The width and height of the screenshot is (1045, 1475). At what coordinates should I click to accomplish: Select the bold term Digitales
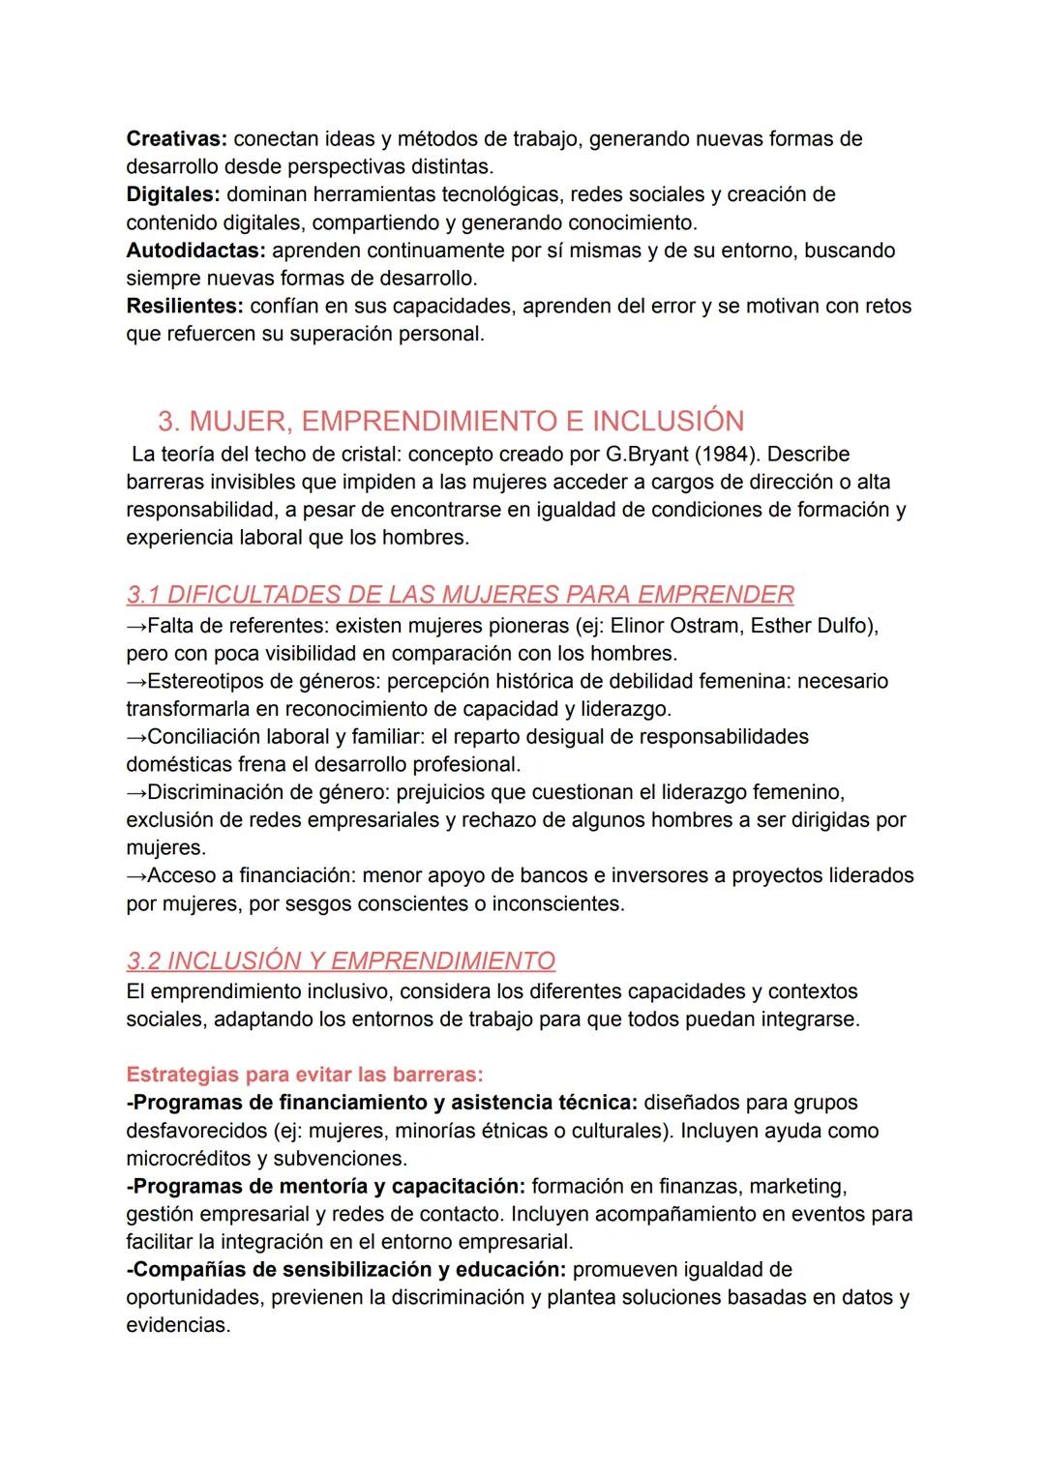click(172, 194)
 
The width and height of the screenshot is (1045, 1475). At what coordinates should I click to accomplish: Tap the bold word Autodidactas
click(195, 251)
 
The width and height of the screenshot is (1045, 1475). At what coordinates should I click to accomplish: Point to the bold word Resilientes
click(184, 306)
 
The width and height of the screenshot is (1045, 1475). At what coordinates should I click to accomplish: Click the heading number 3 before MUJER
click(167, 421)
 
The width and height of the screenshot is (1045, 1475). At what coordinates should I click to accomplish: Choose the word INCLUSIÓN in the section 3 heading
click(668, 421)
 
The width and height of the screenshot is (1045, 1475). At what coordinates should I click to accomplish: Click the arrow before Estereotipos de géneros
click(136, 681)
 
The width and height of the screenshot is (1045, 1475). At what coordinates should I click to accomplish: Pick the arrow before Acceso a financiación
click(136, 875)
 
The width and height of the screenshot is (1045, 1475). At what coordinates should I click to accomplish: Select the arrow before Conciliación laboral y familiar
click(136, 737)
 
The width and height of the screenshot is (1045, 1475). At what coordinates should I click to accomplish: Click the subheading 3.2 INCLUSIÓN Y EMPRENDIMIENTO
click(341, 960)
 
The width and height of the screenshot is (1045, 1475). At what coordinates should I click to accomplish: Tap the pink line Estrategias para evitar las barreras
click(305, 1075)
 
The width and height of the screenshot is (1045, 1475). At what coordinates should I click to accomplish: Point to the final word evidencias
click(177, 1325)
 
